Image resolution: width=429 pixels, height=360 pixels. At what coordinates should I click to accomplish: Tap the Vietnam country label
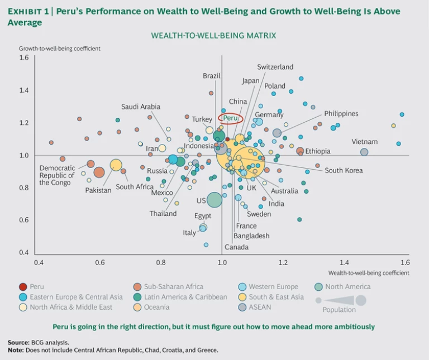pyautogui.click(x=364, y=142)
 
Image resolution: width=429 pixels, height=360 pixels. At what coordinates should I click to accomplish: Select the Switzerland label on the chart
pyautogui.click(x=275, y=67)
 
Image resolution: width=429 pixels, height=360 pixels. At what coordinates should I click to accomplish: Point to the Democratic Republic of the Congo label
pyautogui.click(x=57, y=175)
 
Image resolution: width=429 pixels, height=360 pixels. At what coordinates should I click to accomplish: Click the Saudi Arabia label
pyautogui.click(x=141, y=107)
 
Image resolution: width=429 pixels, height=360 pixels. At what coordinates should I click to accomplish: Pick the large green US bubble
pyautogui.click(x=214, y=199)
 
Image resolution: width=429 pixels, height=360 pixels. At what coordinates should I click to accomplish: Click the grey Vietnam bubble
pyautogui.click(x=364, y=152)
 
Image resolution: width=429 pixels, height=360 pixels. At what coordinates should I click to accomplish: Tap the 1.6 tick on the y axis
pyautogui.click(x=24, y=57)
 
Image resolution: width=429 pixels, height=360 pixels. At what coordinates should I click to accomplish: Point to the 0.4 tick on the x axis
pyautogui.click(x=39, y=262)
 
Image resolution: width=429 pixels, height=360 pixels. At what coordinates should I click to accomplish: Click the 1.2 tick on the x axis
pyautogui.click(x=283, y=262)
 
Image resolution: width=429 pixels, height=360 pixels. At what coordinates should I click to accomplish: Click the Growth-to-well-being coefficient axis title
pyautogui.click(x=60, y=49)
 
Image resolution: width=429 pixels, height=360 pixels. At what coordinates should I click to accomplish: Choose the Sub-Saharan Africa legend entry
pyautogui.click(x=174, y=287)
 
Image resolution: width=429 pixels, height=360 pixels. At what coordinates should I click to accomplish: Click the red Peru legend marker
pyautogui.click(x=23, y=287)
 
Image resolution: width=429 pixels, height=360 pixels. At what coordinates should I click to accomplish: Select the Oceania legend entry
pyautogui.click(x=156, y=307)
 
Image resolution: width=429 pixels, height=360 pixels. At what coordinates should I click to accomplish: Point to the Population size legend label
pyautogui.click(x=339, y=310)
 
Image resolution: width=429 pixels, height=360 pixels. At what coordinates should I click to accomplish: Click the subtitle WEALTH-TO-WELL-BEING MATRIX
pyautogui.click(x=213, y=36)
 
